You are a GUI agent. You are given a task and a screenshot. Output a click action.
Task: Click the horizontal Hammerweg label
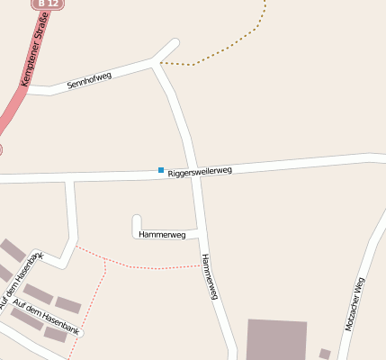pyautogui.click(x=162, y=234)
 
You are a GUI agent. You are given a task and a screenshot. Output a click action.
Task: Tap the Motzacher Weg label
pyautogui.click(x=354, y=307)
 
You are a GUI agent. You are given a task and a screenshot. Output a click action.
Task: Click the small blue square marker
pyautogui.click(x=161, y=170)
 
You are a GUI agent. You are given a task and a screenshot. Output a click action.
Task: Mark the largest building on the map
pyautogui.click(x=275, y=339)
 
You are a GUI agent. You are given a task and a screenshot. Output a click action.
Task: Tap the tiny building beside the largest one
pyautogui.click(x=325, y=353)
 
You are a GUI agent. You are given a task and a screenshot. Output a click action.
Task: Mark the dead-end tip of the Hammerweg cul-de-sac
pyautogui.click(x=137, y=218)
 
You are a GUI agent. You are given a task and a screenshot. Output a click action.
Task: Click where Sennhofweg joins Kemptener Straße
pyautogui.click(x=27, y=91)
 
